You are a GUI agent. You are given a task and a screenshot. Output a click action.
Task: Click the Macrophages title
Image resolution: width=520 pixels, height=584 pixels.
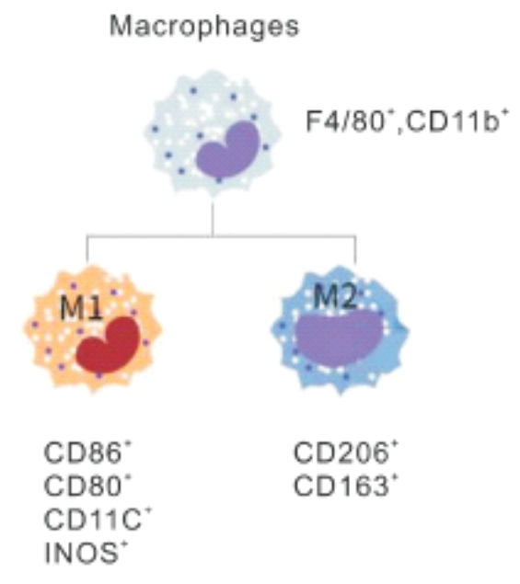[204, 28]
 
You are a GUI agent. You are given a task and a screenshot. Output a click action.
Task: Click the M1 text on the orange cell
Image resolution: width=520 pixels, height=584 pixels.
[81, 308]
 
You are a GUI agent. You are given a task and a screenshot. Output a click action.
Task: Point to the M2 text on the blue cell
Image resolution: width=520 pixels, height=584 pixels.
[335, 296]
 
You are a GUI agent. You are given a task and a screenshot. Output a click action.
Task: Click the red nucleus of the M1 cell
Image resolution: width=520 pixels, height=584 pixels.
[108, 345]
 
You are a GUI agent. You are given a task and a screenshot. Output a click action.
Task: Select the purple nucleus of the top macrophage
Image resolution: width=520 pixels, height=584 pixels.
[227, 150]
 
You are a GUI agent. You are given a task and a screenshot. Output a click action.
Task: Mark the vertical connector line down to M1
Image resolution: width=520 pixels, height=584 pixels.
[87, 249]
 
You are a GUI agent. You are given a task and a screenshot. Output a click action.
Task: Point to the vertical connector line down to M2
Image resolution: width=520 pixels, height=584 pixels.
[355, 249]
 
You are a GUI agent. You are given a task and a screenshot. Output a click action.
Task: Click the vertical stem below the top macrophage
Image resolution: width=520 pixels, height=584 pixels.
[213, 219]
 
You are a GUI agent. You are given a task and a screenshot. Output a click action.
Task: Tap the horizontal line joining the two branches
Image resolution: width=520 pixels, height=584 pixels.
[221, 235]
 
